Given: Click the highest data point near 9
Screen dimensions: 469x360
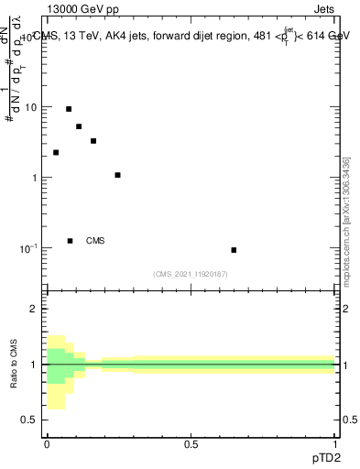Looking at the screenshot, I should [69, 109].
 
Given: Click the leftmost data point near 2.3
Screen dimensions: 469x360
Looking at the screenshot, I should [56, 152].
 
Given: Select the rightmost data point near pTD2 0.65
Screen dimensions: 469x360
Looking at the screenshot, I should [234, 250].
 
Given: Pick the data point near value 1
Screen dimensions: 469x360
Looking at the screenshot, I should [117, 175].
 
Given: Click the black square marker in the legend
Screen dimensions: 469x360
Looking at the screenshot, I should [70, 241].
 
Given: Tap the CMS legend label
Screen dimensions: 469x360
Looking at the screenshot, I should [95, 241].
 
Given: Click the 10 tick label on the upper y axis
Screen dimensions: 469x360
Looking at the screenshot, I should [31, 107].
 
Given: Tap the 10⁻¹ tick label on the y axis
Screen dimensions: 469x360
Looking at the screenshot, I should [29, 248].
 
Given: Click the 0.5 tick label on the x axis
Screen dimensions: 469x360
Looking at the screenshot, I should [191, 443].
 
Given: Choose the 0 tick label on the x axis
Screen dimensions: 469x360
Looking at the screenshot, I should [47, 443].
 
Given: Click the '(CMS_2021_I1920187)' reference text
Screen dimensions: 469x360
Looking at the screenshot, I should [191, 274].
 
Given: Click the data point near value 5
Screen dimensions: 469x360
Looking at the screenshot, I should [79, 126].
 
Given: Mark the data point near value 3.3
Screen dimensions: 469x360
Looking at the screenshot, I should [93, 141].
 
